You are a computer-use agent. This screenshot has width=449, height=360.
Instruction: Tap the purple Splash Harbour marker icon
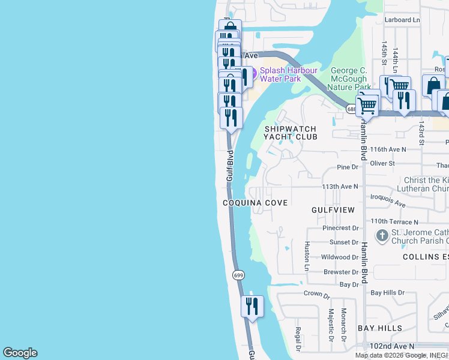click(x=252, y=74)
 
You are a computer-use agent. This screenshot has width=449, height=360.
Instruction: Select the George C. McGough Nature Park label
click(x=357, y=79)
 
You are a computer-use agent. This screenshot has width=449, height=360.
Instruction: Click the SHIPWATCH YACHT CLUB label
click(x=291, y=132)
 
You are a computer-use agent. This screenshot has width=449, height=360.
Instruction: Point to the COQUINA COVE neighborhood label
click(x=255, y=203)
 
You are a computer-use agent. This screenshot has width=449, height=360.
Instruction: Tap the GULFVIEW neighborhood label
click(x=333, y=210)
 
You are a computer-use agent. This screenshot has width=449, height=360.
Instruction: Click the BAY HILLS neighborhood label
click(x=380, y=328)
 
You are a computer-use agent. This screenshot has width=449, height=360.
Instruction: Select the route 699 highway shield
click(x=238, y=275)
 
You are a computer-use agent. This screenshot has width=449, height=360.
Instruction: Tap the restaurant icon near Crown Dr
click(x=252, y=306)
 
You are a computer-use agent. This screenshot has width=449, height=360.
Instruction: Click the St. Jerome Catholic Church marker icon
click(x=382, y=236)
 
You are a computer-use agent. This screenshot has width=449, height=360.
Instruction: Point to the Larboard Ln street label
click(x=402, y=20)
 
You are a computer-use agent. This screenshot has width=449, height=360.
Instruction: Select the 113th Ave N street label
click(x=340, y=187)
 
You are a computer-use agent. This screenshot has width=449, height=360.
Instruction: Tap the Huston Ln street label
click(x=307, y=256)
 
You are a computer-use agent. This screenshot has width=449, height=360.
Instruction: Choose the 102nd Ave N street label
click(x=392, y=346)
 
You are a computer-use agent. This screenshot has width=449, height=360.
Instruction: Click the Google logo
click(x=20, y=353)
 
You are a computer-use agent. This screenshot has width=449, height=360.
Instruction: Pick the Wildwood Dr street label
click(x=340, y=257)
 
